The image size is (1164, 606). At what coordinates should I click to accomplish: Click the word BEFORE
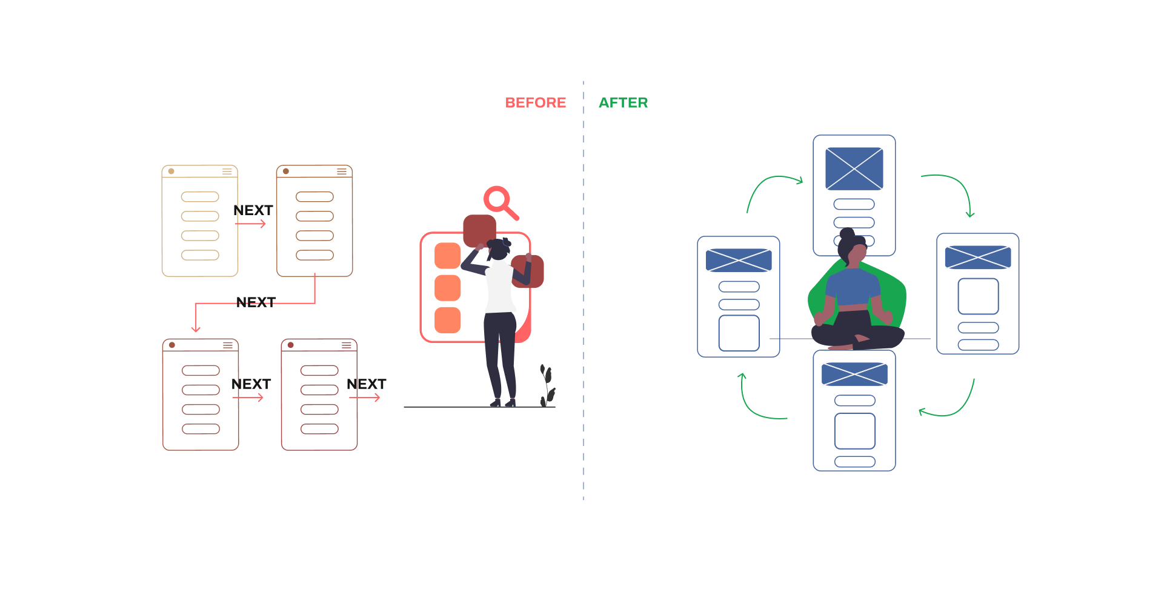[x=536, y=103]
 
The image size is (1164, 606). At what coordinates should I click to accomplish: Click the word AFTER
[x=623, y=103]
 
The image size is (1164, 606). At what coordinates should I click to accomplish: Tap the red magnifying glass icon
[x=499, y=201]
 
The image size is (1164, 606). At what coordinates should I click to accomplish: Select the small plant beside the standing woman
[x=547, y=385]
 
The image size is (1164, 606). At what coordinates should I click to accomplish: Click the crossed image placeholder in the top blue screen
[x=854, y=168]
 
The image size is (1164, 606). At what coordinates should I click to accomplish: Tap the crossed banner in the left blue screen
[x=739, y=261]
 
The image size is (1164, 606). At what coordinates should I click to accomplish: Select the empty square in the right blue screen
[x=978, y=296]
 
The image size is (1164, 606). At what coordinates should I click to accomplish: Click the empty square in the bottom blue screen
[x=854, y=431]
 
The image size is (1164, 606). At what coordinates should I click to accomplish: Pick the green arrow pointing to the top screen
[x=773, y=185]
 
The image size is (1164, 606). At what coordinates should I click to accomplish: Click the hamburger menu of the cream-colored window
[x=227, y=171]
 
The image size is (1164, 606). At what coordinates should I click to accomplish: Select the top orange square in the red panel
[x=448, y=256]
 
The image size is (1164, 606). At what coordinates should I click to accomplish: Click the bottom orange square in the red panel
[x=448, y=320]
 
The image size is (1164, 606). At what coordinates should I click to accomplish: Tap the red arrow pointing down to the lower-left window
[x=196, y=318]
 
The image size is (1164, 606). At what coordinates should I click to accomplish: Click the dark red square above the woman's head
[x=479, y=230]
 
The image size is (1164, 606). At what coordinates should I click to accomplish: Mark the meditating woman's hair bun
[x=847, y=233]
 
